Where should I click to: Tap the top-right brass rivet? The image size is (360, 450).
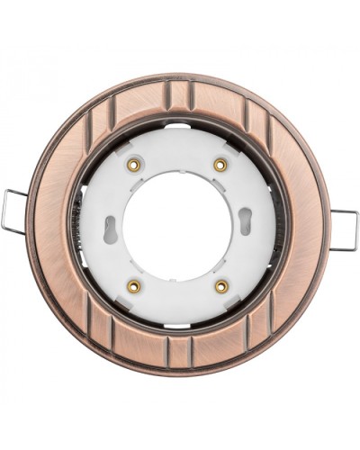[220, 164]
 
